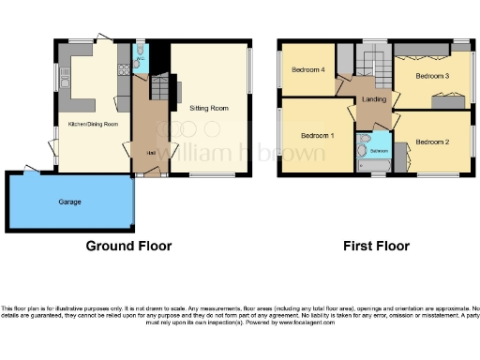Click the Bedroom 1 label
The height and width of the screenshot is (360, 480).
[317, 136]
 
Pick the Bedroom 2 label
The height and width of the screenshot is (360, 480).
[432, 142]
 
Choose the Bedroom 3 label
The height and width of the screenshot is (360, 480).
[433, 75]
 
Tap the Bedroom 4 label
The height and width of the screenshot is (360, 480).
[307, 69]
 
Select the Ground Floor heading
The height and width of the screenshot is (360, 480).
[128, 247]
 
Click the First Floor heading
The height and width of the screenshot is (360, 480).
[375, 247]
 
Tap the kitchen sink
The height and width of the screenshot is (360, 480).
[67, 94]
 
